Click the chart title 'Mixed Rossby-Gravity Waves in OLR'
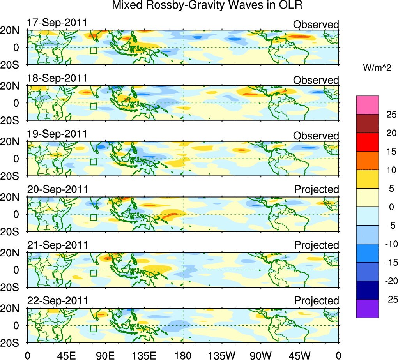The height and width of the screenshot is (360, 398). click(207, 5)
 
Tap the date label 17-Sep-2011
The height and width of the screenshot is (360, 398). click(57, 23)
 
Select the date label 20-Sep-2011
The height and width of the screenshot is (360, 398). click(57, 189)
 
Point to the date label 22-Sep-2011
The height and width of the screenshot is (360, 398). click(57, 301)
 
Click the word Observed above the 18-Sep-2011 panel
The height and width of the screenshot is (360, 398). click(316, 80)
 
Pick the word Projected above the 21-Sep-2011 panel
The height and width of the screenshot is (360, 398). click(317, 245)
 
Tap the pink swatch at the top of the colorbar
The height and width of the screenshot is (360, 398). click(367, 105)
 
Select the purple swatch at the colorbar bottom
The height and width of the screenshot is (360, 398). click(367, 308)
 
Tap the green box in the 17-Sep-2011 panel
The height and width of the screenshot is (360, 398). click(93, 50)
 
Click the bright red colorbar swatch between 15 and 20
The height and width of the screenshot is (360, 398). click(367, 142)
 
